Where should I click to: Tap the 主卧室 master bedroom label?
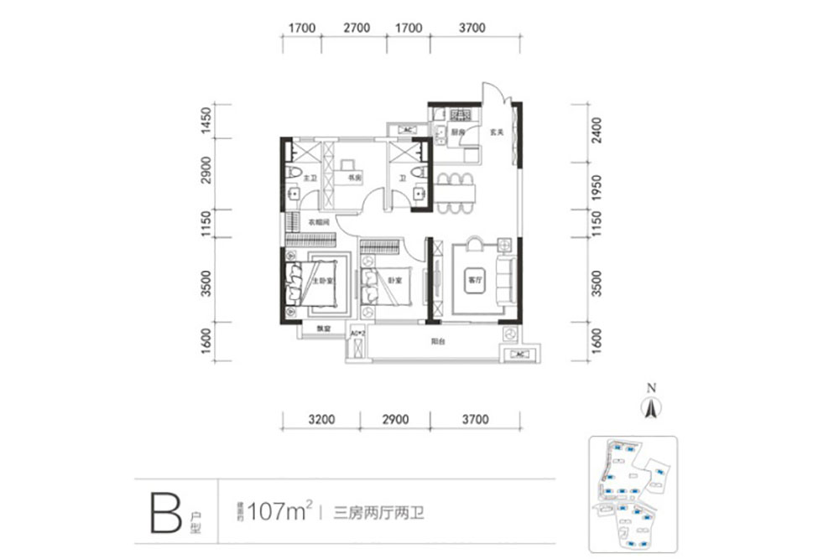pos(319,282)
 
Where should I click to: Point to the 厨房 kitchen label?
pos(457,132)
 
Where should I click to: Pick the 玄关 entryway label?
pos(496,132)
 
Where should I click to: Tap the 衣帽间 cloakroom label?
pos(317,222)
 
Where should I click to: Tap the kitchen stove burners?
pos(460,115)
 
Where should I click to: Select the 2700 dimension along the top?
pos(357,28)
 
